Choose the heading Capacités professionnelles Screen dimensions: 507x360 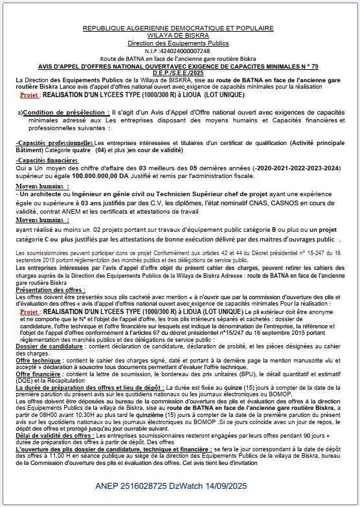click(56, 142)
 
